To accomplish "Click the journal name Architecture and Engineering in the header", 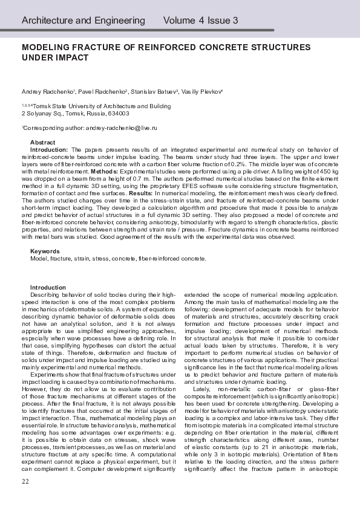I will tap(83, 21).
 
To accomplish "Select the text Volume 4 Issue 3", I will tap(200, 21).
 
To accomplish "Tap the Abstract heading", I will tap(42, 141).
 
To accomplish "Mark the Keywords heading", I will tap(45, 251).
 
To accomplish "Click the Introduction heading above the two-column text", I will tap(48, 287).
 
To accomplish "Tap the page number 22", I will tap(25, 481).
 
